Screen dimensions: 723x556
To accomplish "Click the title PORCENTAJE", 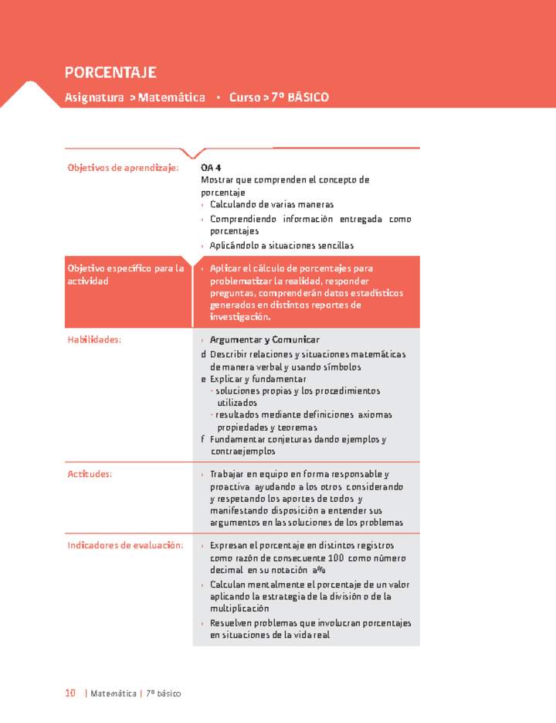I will coord(110,73).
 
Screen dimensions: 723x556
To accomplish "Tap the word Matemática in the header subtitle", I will coord(171,97).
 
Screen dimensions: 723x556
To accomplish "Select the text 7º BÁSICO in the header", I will coord(300,97).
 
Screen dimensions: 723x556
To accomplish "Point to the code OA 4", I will coord(211,168).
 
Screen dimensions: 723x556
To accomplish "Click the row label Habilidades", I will coord(95,339).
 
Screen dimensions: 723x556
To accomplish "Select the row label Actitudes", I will coord(90,474).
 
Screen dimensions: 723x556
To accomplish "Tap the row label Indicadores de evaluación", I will coord(125,545).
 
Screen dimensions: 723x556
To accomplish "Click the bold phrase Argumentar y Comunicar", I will coord(265,339).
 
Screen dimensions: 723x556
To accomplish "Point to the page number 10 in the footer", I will coord(70,694).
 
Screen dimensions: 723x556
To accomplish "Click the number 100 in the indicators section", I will coord(335,558).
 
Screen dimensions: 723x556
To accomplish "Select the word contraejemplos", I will coord(242,451).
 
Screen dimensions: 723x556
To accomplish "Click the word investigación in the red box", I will coord(239,317).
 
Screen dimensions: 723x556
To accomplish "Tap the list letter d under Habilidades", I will coord(204,354).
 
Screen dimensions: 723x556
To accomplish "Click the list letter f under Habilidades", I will coord(203,439).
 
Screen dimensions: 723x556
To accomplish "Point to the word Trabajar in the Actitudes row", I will coord(228,474).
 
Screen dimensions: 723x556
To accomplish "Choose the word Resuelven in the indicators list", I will coord(232,622).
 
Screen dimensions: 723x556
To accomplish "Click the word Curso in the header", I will coord(244,97).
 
